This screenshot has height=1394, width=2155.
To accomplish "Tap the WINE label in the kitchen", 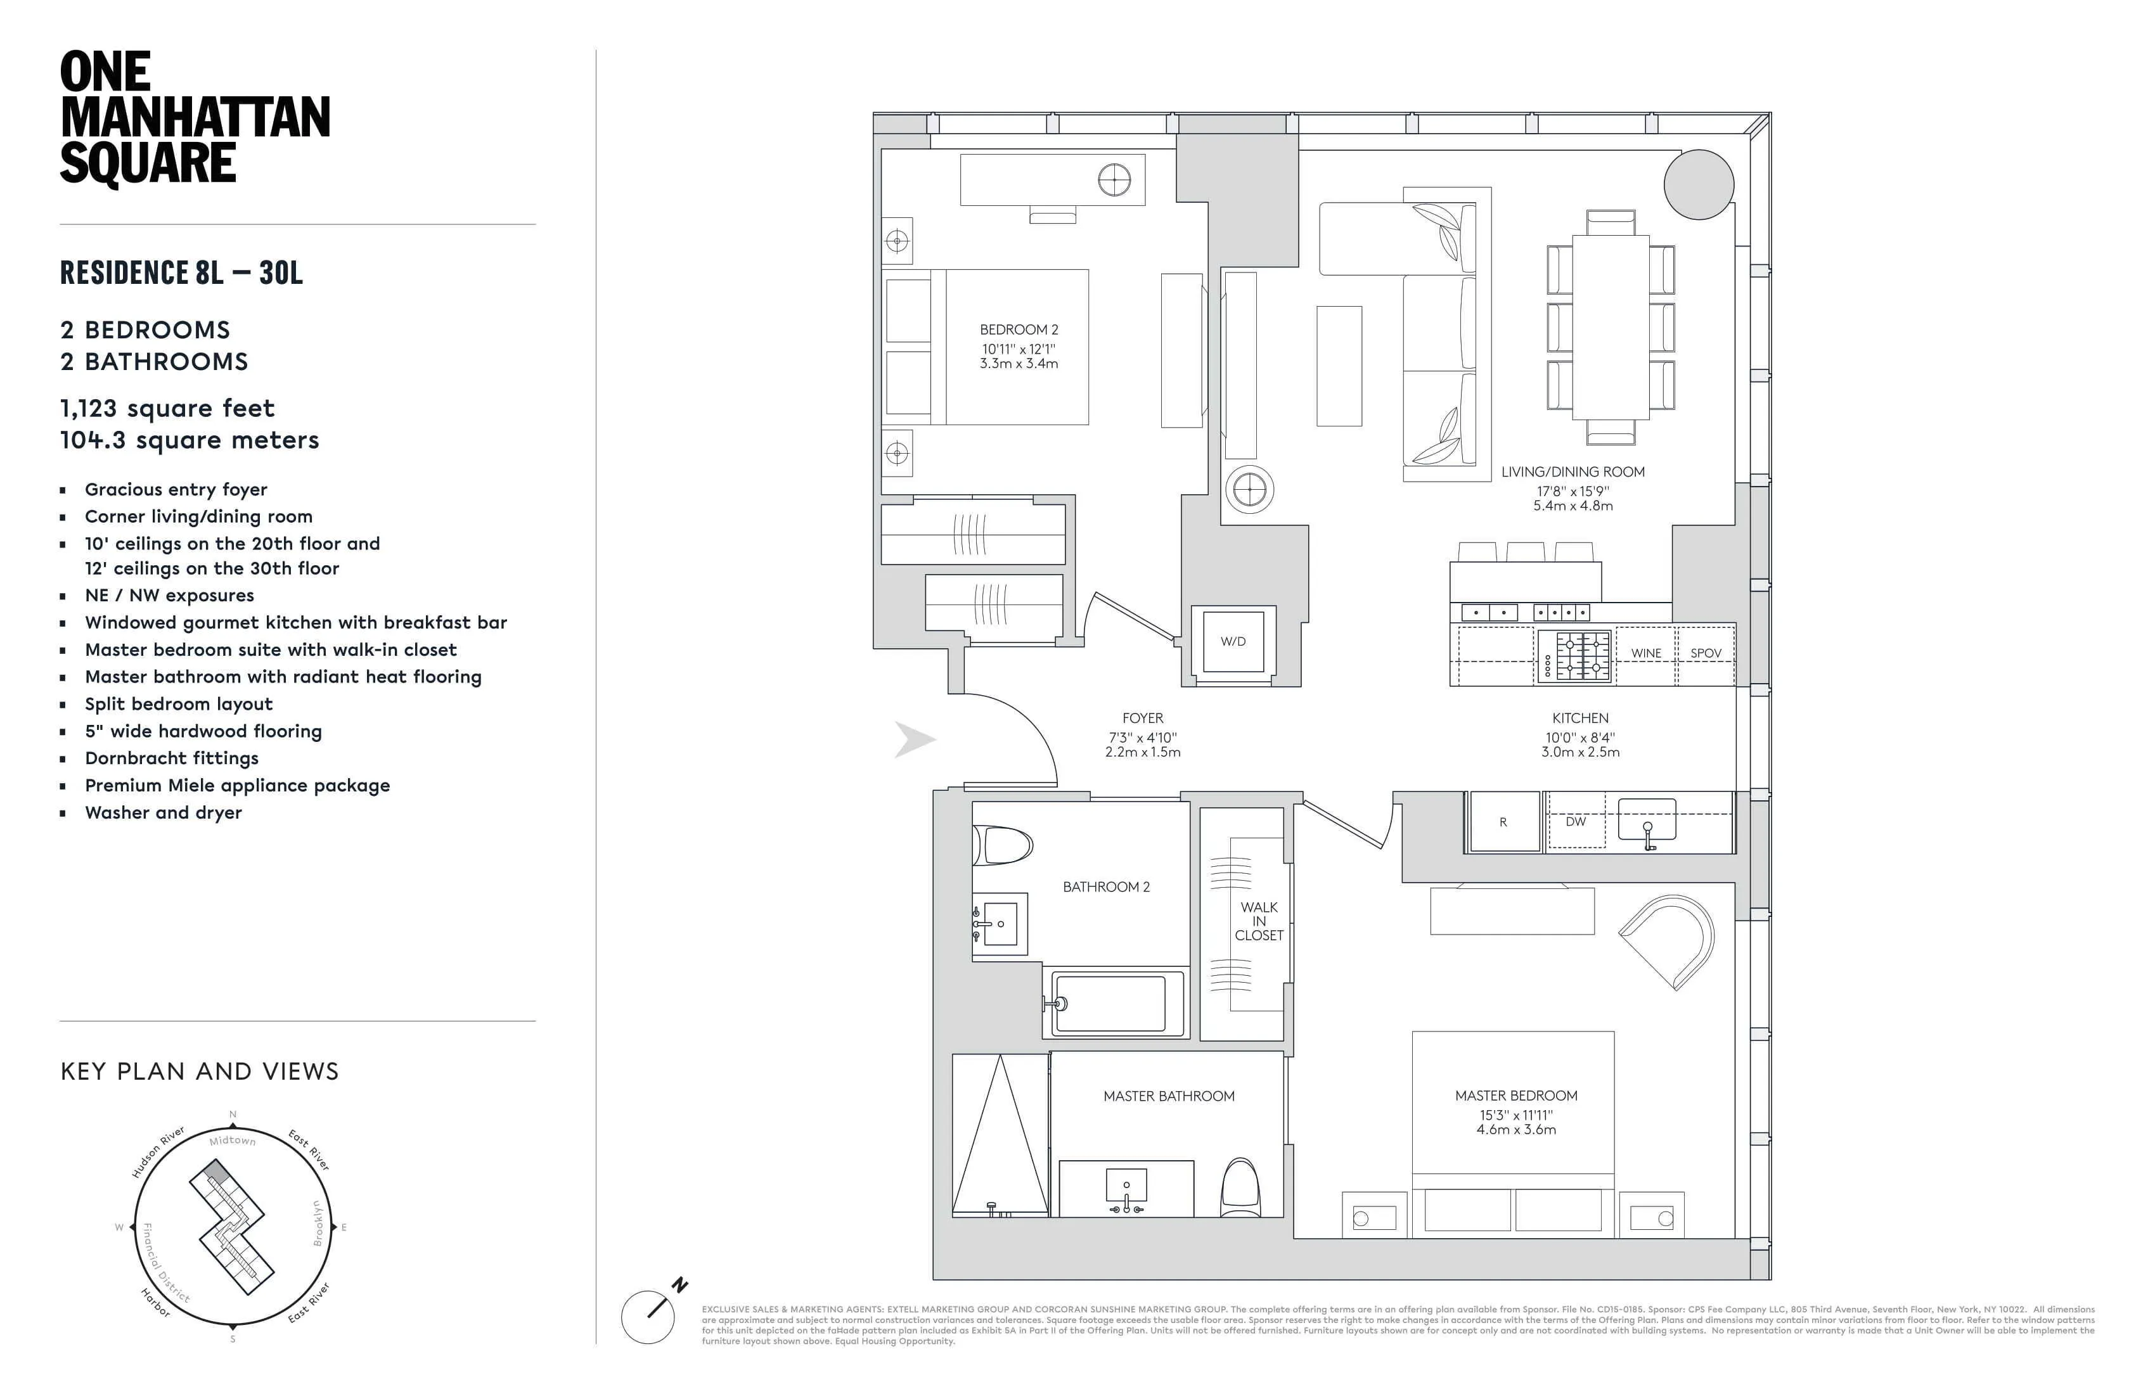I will coord(1645,653).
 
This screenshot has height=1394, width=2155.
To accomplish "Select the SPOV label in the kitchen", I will coord(1705,653).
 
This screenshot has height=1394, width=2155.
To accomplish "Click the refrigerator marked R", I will coord(1503,822).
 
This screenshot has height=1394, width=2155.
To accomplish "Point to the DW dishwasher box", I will coord(1576,822).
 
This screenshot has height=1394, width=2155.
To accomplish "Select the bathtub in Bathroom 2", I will coord(1112,1004).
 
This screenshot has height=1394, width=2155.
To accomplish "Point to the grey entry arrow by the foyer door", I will coord(915,739).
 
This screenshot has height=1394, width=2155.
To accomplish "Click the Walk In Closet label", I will coord(1259,921).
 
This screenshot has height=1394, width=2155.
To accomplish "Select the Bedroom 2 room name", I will coord(1019,330).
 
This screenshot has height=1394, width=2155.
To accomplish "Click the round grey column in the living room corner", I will coord(1699,184).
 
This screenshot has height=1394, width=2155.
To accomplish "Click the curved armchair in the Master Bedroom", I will coord(1671,942).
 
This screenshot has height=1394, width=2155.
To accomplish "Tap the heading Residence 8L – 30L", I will coord(181,273).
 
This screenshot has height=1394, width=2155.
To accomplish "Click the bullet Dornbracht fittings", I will coord(172,758).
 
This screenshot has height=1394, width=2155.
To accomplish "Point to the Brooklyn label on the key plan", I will coord(318,1224).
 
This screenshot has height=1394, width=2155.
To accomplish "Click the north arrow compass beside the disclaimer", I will coord(648,1316).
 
